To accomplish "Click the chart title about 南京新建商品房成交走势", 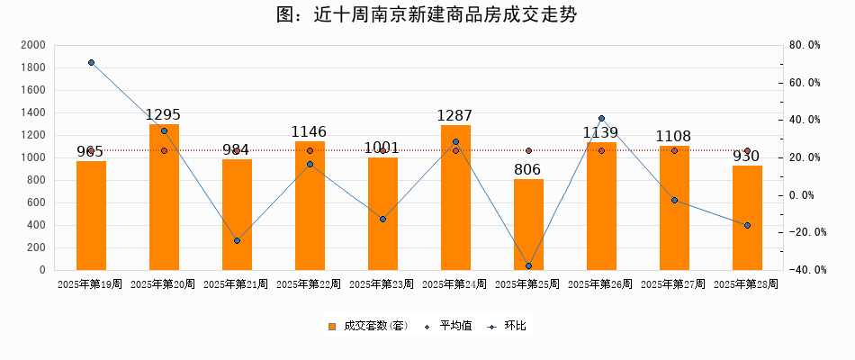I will [427, 15].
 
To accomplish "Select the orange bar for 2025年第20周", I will [164, 198].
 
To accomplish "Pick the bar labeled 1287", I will [455, 198].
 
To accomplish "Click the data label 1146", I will [309, 132].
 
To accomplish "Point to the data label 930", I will [746, 157].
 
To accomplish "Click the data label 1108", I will [673, 137].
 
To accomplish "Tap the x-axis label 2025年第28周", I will [746, 284].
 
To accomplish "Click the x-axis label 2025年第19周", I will [90, 284].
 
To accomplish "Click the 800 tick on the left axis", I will [36, 180].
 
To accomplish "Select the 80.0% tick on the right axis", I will [805, 45].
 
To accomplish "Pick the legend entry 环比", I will [515, 326].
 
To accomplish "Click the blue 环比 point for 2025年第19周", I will [91, 62].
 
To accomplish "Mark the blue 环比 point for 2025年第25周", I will [528, 265].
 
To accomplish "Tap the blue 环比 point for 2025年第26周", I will [601, 118].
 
